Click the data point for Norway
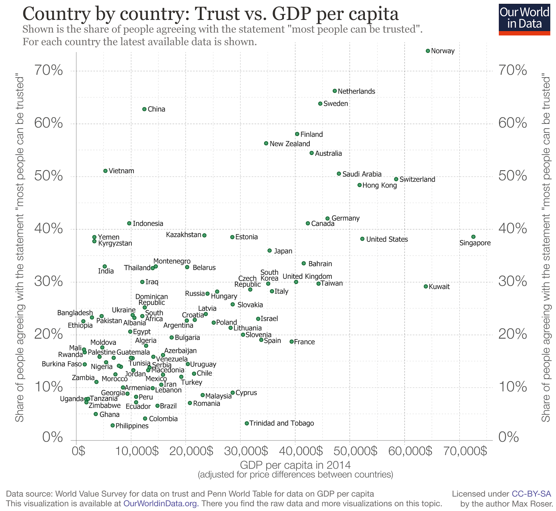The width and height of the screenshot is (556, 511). click(428, 51)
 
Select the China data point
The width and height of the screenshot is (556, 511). click(145, 109)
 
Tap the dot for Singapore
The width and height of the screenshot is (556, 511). click(473, 237)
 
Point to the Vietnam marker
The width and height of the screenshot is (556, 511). click(105, 171)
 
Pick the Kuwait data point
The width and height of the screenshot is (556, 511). click(426, 286)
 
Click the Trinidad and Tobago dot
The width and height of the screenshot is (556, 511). click(247, 423)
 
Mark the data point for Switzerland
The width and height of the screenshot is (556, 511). click(396, 179)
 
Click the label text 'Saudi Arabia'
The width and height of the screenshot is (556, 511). click(362, 174)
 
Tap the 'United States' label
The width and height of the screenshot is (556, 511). click(387, 239)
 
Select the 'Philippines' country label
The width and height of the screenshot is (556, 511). click(132, 426)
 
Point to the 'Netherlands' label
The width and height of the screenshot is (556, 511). click(357, 91)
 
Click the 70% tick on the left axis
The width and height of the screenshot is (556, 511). click(48, 71)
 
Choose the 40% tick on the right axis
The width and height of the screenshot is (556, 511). click(513, 229)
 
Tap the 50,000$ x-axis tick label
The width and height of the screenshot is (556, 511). click(350, 451)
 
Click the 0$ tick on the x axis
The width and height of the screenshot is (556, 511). click(79, 451)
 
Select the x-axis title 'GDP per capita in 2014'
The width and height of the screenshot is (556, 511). click(295, 465)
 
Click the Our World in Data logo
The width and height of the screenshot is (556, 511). click(525, 19)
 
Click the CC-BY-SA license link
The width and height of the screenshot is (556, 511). click(531, 494)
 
